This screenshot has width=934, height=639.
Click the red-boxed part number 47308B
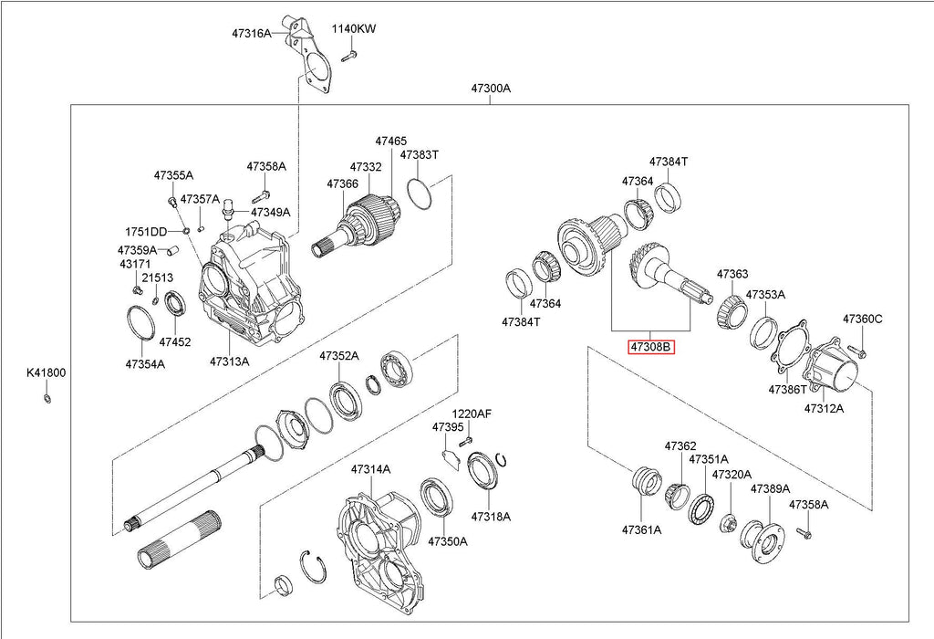tap(651, 346)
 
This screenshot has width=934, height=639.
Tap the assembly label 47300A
tap(491, 89)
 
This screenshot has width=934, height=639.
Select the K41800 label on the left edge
tap(46, 373)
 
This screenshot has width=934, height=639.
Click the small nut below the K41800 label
tap(47, 398)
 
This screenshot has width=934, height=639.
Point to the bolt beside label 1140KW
tap(349, 57)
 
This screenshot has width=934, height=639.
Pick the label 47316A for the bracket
tap(252, 34)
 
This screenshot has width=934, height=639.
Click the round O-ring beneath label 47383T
tap(420, 193)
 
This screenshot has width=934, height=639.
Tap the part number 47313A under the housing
tap(229, 361)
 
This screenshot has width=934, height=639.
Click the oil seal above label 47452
tap(175, 303)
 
